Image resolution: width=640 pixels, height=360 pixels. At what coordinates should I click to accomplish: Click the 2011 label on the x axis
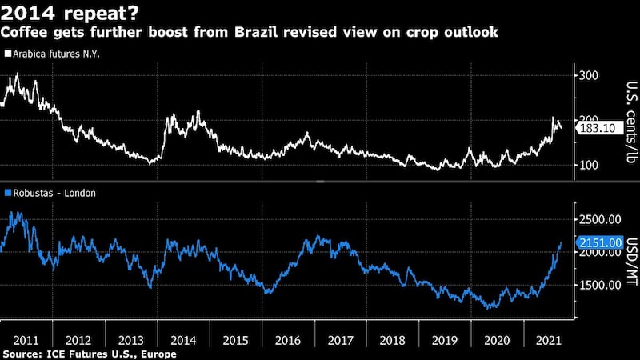(x=26, y=338)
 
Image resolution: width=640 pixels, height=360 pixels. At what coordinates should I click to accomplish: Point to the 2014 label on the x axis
(x=183, y=338)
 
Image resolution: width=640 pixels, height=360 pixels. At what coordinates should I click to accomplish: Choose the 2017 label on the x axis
(x=341, y=338)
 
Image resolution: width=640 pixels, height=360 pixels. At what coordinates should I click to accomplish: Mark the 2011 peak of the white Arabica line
(x=18, y=74)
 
